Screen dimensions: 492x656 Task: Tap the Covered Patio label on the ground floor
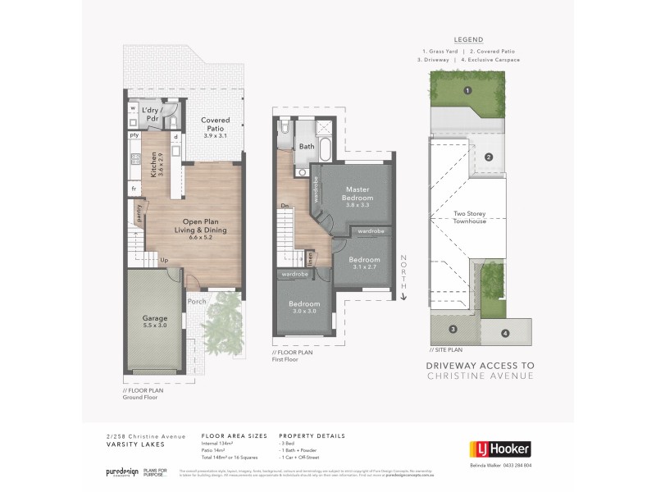(216, 125)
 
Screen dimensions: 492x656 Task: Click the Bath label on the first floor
(307, 147)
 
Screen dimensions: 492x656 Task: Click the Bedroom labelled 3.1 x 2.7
(362, 262)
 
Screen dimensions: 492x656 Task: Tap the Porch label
(196, 301)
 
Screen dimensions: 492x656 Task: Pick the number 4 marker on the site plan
(505, 334)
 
